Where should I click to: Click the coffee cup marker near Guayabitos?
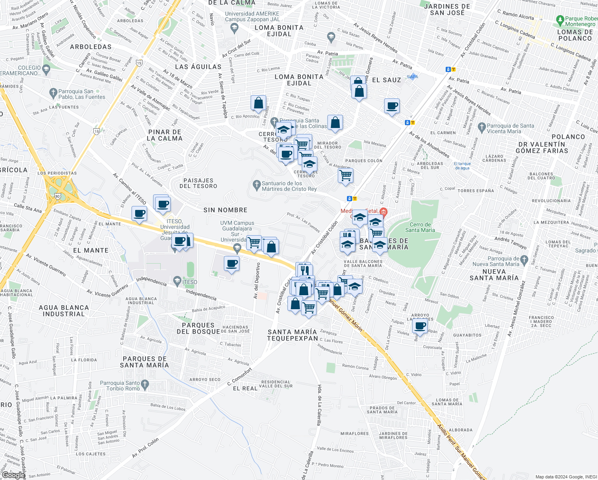(421, 326)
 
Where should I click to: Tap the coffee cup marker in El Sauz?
(392, 106)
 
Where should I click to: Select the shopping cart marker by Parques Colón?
(345, 175)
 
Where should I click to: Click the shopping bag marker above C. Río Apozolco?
(259, 104)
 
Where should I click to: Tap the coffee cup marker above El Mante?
(140, 214)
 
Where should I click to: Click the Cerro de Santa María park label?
(420, 227)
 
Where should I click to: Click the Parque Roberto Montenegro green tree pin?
(560, 20)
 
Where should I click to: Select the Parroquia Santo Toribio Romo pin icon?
(145, 385)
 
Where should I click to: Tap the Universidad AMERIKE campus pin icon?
(234, 28)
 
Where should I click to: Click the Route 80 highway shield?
(58, 196)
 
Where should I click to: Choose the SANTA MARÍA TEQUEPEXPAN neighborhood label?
(292, 335)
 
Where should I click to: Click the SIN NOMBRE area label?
(225, 210)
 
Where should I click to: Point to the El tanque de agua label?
(462, 166)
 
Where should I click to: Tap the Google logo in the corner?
(13, 475)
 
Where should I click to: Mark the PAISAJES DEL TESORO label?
(198, 183)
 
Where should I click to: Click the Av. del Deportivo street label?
(257, 280)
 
